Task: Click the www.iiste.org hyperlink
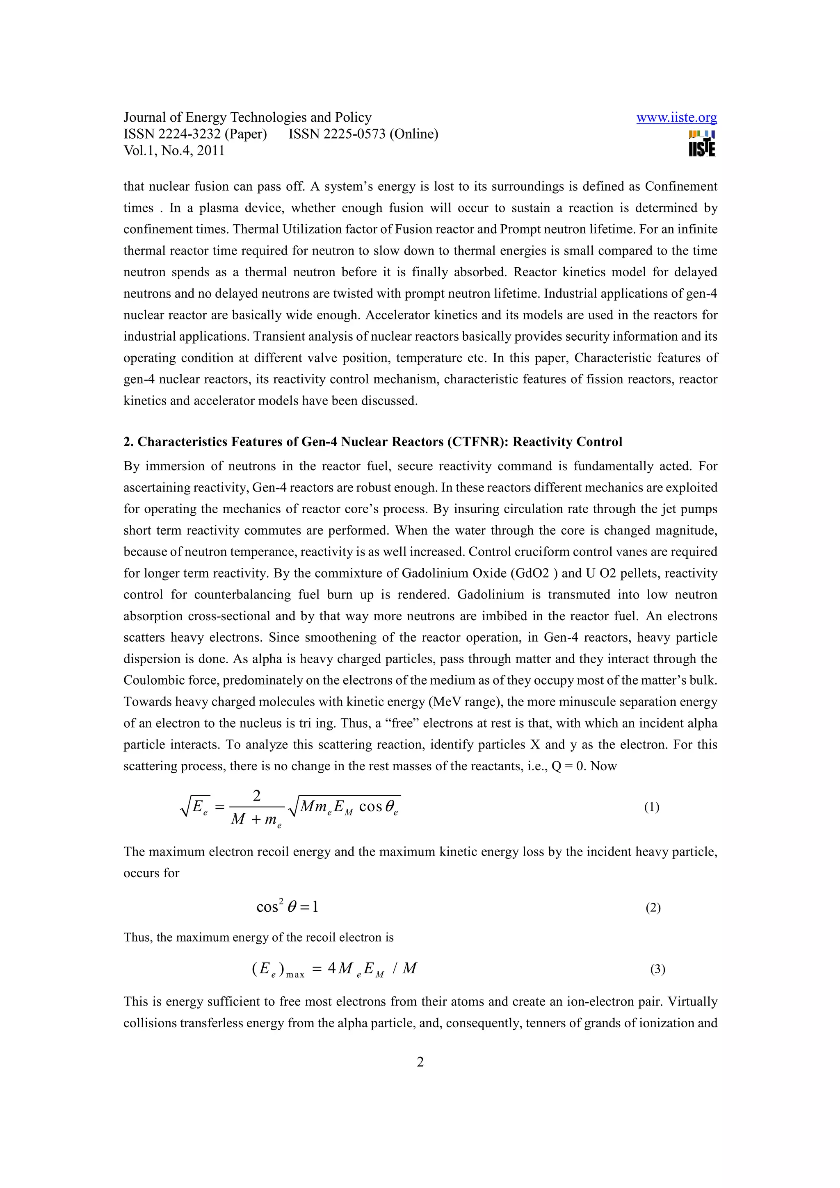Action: (676, 118)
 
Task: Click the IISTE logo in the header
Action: (702, 143)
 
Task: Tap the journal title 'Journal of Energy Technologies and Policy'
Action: (247, 118)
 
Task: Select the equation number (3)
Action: (657, 969)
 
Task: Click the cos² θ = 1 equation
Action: (287, 906)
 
